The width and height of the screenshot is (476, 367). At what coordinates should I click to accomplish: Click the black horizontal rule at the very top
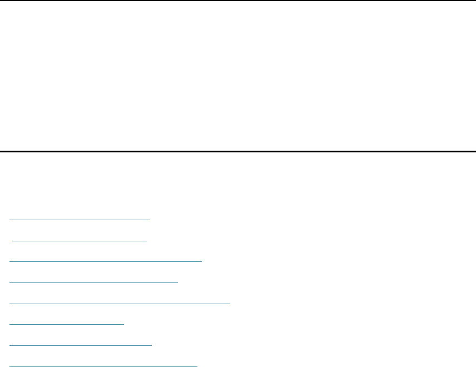238,1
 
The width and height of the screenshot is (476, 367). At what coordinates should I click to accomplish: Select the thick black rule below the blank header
238,151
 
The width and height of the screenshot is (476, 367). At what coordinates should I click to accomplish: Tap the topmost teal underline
80,219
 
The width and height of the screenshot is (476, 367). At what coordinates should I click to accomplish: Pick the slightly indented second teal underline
80,240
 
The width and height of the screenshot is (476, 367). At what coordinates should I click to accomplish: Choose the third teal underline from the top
106,260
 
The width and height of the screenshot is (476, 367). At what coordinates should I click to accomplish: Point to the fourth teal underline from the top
94,282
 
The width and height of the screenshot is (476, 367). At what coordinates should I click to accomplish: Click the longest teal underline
120,303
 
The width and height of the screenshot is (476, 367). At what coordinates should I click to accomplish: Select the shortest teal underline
67,324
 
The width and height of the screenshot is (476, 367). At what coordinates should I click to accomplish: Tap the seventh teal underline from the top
81,345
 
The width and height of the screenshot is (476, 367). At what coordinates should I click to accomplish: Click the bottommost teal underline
104,366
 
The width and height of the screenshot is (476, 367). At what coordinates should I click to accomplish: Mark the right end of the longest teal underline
230,303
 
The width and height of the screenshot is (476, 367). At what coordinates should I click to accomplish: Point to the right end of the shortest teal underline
124,324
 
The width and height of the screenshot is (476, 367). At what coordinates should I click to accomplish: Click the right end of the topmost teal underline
150,219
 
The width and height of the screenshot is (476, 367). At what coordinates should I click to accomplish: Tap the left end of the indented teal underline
12,240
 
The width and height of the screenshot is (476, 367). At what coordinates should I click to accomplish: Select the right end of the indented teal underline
147,240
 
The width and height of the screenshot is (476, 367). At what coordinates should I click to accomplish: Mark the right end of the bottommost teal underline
197,366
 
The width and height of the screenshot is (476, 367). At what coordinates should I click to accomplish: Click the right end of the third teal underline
201,260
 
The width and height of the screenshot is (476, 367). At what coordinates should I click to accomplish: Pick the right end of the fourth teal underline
178,282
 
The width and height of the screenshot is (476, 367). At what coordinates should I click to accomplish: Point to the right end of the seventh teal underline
151,345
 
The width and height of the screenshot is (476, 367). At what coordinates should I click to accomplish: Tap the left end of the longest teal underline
11,303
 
